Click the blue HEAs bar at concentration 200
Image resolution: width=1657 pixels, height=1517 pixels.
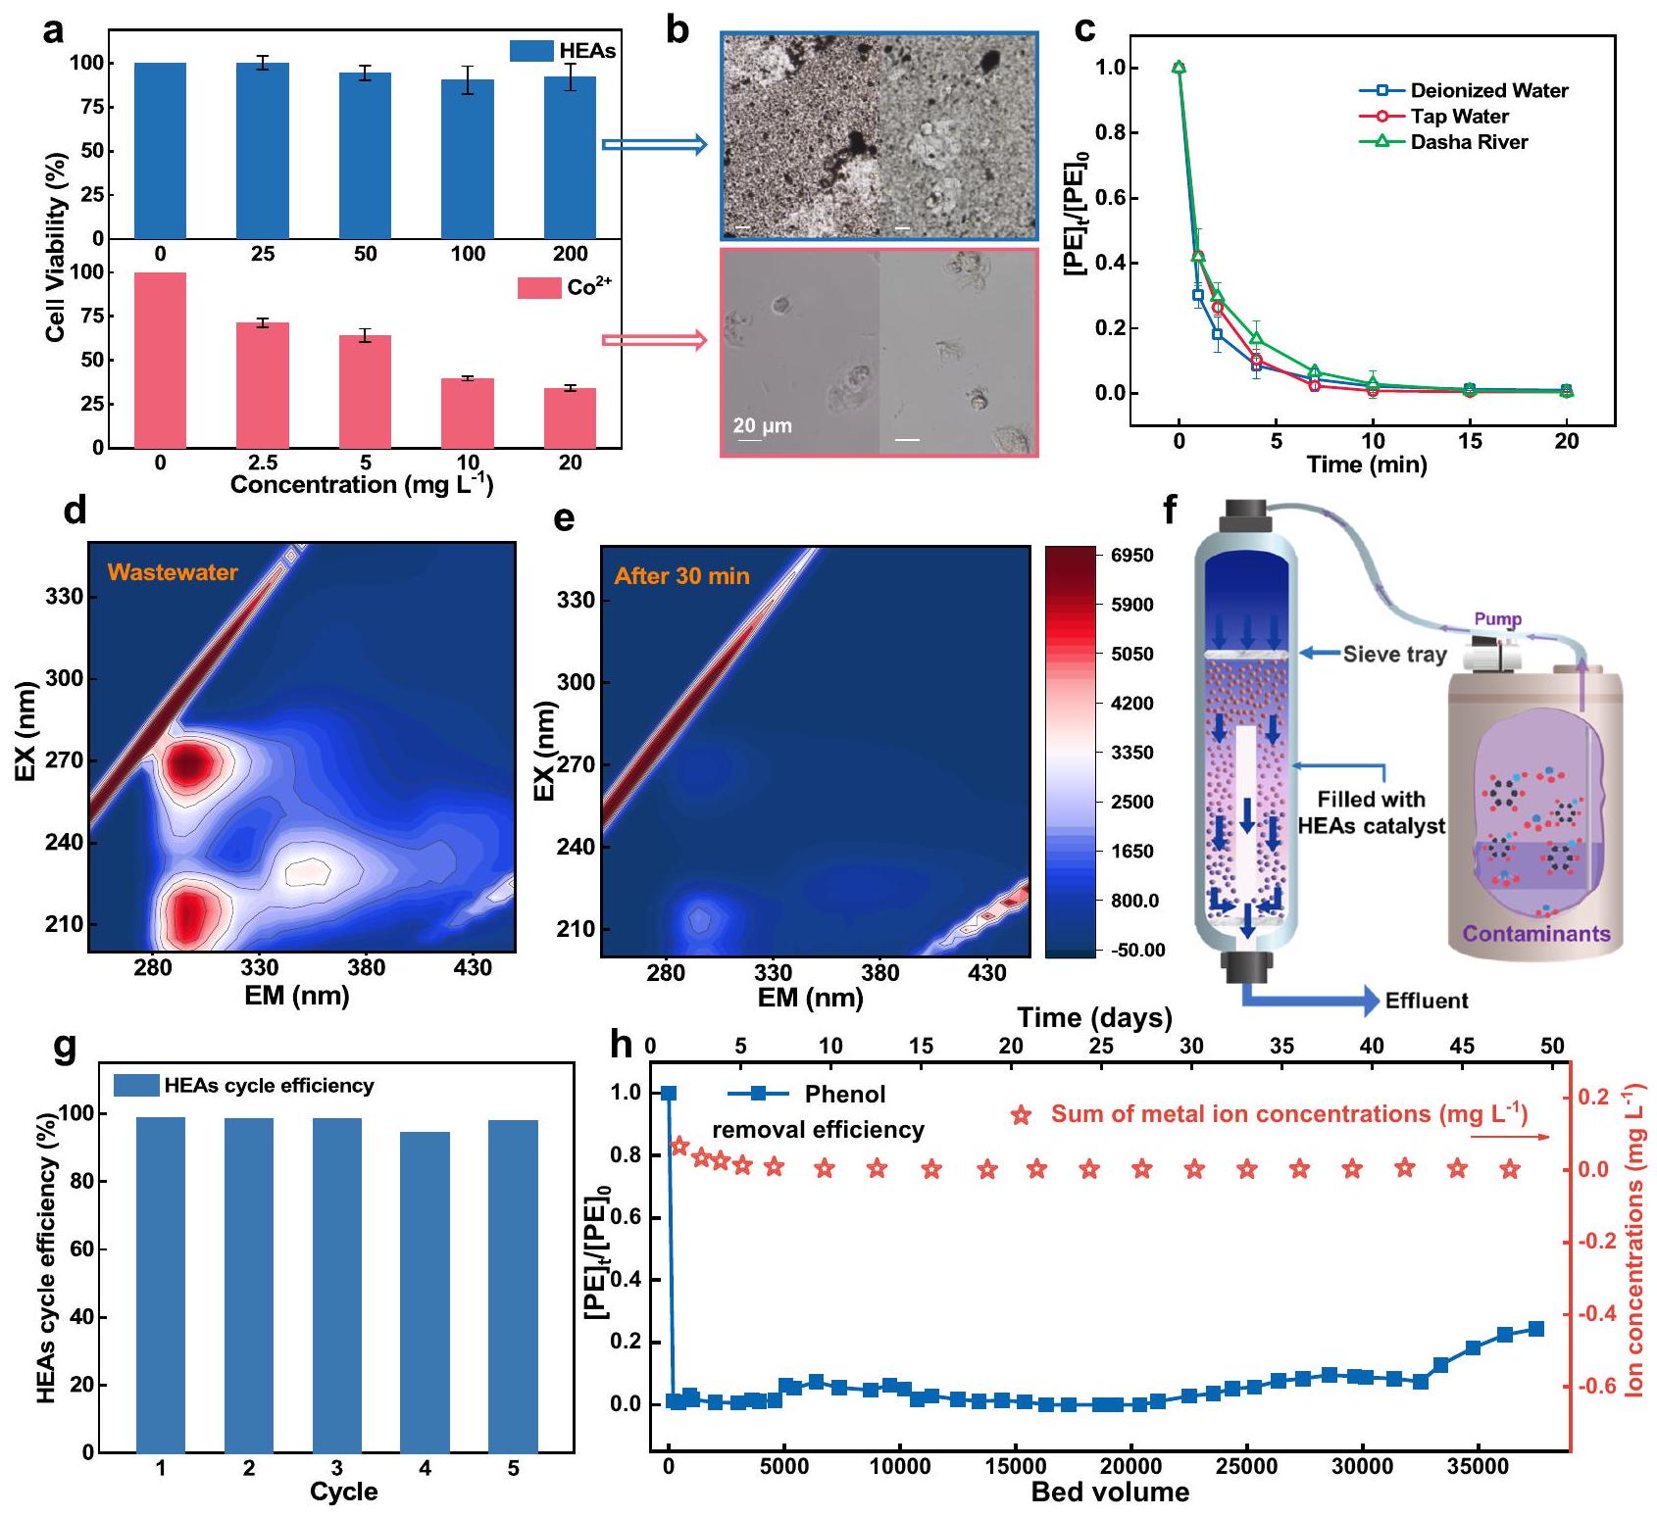pos(570,157)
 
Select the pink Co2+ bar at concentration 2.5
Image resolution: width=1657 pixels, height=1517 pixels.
pos(263,384)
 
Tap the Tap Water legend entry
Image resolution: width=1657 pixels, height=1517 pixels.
pos(1459,117)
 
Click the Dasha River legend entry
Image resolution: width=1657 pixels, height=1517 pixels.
pos(1469,142)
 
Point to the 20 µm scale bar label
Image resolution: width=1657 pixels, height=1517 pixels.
pos(762,425)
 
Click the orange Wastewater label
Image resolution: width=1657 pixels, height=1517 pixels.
pos(173,572)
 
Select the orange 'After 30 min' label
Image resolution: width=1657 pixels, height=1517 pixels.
pos(681,576)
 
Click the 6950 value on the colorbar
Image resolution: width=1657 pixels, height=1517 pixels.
pos(1131,556)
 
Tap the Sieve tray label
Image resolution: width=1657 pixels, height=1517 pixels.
pos(1394,655)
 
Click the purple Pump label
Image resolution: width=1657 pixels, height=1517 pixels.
pos(1497,619)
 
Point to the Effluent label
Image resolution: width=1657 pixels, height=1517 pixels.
pos(1427,1001)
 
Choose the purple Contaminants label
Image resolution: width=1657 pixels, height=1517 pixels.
pos(1536,934)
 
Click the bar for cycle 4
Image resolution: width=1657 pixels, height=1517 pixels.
pos(425,1292)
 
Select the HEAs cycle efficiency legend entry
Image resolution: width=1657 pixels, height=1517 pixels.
pos(269,1086)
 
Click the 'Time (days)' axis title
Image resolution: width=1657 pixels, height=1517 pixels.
pos(1094,1018)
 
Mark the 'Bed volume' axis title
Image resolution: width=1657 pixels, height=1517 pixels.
pos(1110,1493)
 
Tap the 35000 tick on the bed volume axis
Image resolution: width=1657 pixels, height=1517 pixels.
pos(1478,1467)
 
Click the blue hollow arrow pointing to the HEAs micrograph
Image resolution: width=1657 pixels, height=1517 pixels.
pos(654,145)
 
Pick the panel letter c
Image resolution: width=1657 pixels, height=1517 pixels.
pos(1084,29)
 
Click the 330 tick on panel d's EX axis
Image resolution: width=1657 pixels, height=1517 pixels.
pos(65,597)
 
